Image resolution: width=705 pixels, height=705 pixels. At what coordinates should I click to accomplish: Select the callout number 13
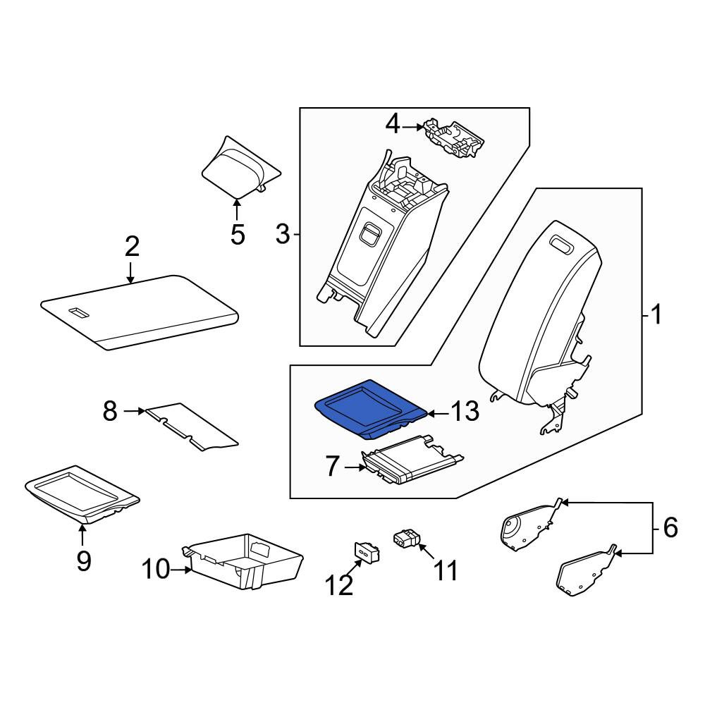coord(465,412)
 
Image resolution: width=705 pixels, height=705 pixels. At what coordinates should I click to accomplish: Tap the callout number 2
coord(132,246)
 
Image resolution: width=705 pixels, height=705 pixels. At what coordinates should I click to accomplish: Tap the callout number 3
coord(283,234)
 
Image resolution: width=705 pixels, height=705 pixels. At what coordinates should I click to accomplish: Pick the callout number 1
coord(656,314)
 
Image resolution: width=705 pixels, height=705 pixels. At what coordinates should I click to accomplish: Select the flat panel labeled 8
coord(192,427)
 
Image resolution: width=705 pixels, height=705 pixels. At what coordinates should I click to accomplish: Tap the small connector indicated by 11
coord(407,538)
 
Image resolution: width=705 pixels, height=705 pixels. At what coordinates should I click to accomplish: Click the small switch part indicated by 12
coord(367,552)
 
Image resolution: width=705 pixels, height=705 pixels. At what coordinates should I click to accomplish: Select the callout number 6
coord(670,527)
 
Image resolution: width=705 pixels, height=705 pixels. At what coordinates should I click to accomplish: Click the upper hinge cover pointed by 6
coord(531,526)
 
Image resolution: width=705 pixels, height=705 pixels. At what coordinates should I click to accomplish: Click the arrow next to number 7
coord(355,467)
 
